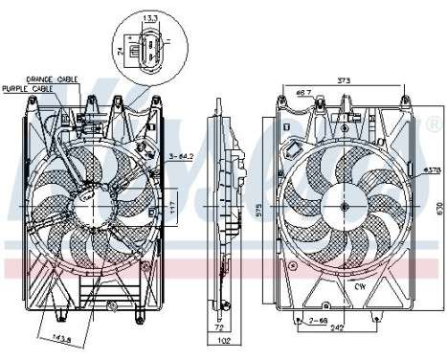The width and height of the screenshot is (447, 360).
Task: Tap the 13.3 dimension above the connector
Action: point(150,17)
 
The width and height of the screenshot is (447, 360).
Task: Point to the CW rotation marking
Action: point(360,284)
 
